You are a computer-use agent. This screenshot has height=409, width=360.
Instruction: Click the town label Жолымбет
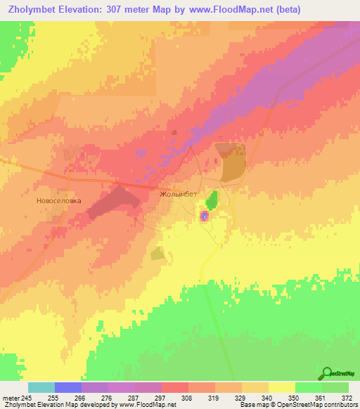(x=179, y=195)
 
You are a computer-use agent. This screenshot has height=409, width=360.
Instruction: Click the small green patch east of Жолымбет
(x=212, y=200)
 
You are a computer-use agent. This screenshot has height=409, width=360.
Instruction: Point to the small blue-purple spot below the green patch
(x=204, y=217)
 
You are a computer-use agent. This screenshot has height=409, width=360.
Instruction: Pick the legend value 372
(x=347, y=398)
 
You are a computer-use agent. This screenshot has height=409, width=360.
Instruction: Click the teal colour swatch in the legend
(x=41, y=387)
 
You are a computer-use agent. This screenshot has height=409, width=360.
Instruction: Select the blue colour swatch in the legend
(x=68, y=387)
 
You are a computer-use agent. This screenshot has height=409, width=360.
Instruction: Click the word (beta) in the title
(x=288, y=10)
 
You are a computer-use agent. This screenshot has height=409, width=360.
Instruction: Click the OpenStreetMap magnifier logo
(x=328, y=373)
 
